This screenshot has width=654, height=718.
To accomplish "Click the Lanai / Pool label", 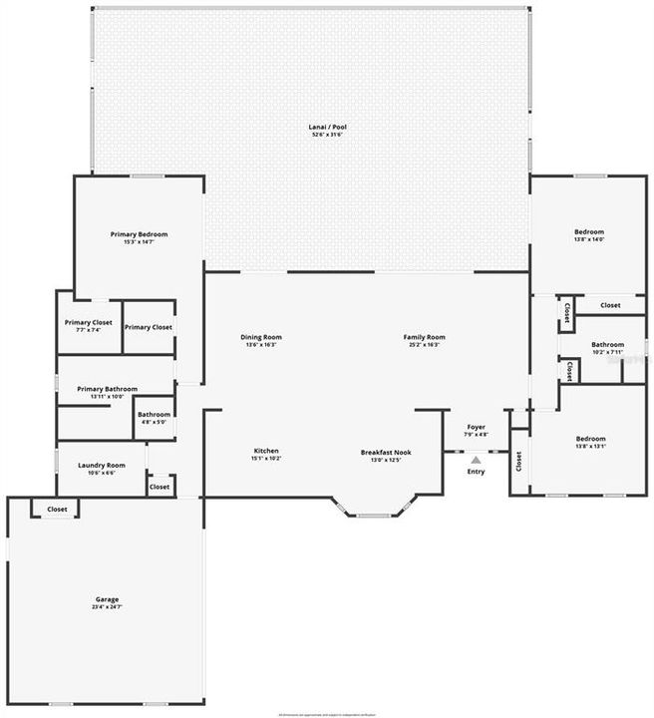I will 327,127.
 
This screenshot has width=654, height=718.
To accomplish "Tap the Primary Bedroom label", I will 139,234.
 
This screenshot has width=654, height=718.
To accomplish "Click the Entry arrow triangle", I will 476,460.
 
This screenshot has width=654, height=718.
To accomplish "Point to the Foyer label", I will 476,427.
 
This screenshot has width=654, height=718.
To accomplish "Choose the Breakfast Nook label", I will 385,452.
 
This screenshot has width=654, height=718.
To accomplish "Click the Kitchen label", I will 265,451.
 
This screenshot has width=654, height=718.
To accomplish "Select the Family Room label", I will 424,337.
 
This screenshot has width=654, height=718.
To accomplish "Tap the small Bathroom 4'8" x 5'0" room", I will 154,418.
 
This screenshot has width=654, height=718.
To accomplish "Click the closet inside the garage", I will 57,509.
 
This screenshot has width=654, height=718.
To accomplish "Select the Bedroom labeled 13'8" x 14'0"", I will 588,233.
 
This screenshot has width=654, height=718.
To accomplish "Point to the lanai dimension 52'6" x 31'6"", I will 327,135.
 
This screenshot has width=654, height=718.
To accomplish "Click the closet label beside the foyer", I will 518,462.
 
